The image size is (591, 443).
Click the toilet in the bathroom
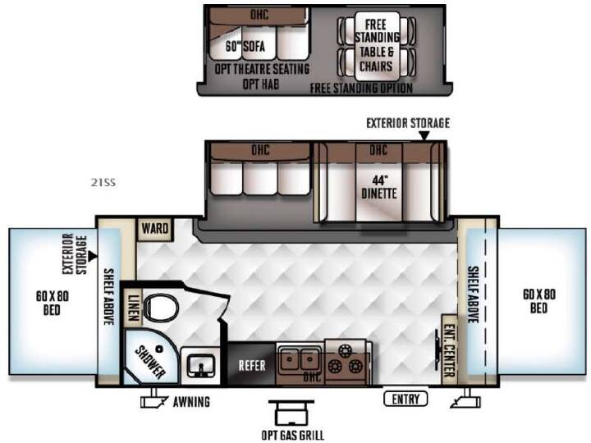[162, 308]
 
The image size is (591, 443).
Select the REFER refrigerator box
[252, 364]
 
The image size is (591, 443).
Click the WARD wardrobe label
[155, 228]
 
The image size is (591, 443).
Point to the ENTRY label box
[405, 399]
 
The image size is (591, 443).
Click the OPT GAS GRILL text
[292, 435]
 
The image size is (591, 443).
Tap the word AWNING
[191, 402]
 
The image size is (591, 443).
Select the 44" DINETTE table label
[378, 187]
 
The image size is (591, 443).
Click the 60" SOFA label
[245, 46]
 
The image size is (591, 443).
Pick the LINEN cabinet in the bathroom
[133, 308]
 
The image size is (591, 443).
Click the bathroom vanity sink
[200, 365]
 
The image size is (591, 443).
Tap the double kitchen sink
[300, 359]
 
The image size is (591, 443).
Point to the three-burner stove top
[346, 361]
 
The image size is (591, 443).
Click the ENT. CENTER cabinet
[449, 350]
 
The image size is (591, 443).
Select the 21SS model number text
[103, 183]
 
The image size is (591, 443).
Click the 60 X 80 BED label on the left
[52, 303]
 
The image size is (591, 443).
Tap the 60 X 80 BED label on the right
[539, 301]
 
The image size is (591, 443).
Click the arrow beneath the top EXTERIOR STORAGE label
[425, 135]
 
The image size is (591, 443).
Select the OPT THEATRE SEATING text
[262, 69]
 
